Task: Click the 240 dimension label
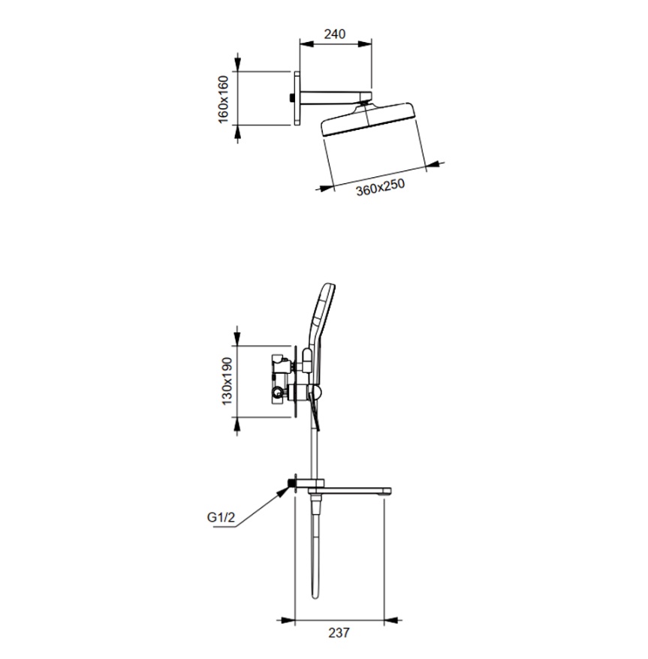pyautogui.click(x=335, y=34)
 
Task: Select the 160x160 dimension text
pyautogui.click(x=223, y=99)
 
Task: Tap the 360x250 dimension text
pyautogui.click(x=380, y=188)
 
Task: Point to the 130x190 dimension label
pyautogui.click(x=227, y=381)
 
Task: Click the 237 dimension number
pyautogui.click(x=339, y=633)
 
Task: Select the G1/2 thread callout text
pyautogui.click(x=221, y=517)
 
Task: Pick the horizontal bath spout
pyautogui.click(x=349, y=490)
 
